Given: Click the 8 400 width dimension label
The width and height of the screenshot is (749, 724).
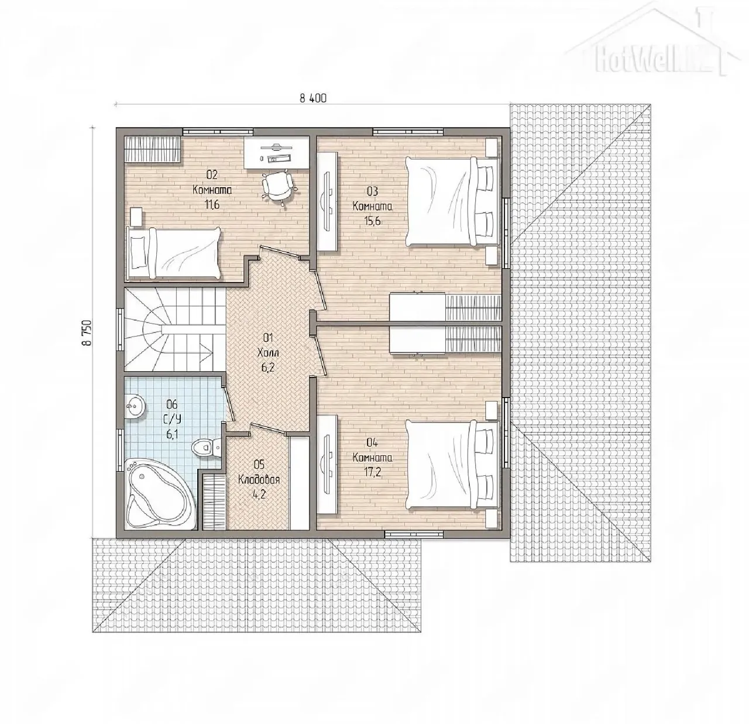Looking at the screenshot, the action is click(313, 98).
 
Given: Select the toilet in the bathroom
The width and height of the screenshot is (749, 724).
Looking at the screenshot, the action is click(206, 448).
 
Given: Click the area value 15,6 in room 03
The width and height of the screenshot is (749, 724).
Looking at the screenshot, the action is click(372, 221).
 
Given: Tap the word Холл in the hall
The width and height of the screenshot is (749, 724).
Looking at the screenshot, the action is click(268, 353).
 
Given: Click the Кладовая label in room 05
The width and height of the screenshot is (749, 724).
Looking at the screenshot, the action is click(259, 480).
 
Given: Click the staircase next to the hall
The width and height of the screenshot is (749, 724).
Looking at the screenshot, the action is click(175, 330).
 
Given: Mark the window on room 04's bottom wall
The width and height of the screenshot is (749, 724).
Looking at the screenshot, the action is click(414, 534).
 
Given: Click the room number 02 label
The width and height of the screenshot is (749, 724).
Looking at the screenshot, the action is click(212, 175).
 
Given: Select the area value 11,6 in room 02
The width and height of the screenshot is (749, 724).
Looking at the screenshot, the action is click(212, 204).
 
